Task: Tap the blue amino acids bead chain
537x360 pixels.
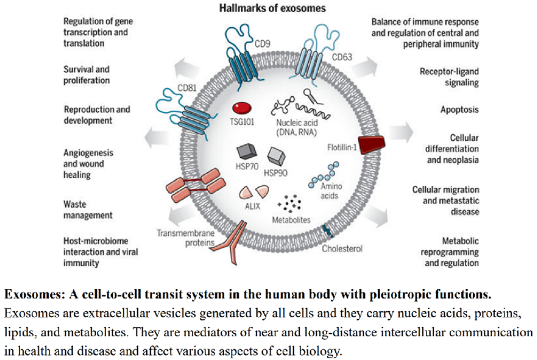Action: click(x=323, y=175)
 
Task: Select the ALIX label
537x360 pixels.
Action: click(x=252, y=206)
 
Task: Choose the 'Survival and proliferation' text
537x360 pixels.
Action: click(x=87, y=75)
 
